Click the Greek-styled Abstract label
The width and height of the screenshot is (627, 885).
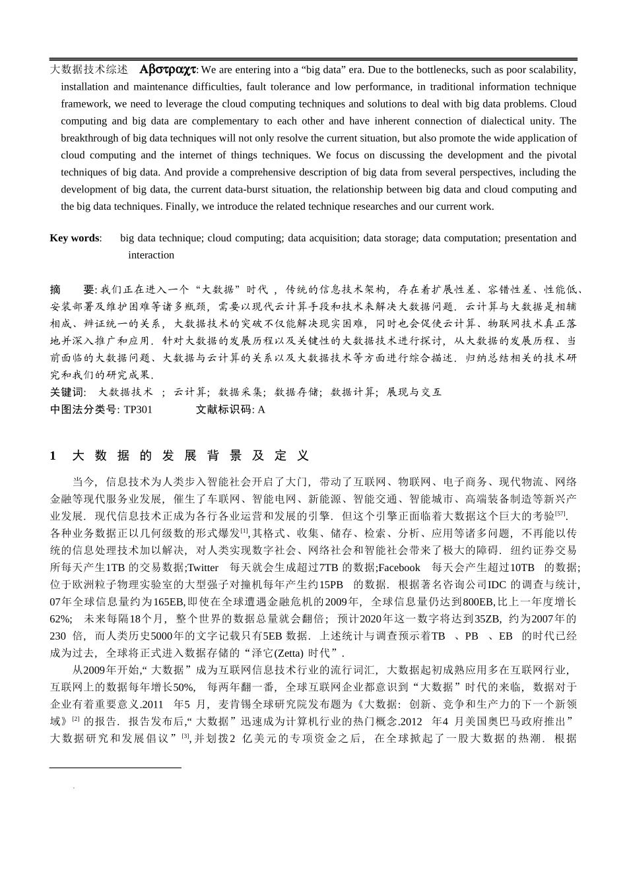point(168,69)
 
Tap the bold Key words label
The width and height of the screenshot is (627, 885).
point(75,238)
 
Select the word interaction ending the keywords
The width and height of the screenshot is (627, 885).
point(151,255)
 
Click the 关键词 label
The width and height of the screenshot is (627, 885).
point(68,392)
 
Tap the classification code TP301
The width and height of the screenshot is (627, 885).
point(138,410)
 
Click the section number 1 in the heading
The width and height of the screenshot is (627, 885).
point(53,456)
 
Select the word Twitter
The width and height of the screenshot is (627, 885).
point(203,568)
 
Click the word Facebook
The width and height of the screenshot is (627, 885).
point(399,568)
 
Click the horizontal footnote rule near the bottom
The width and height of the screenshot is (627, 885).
point(115,768)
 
